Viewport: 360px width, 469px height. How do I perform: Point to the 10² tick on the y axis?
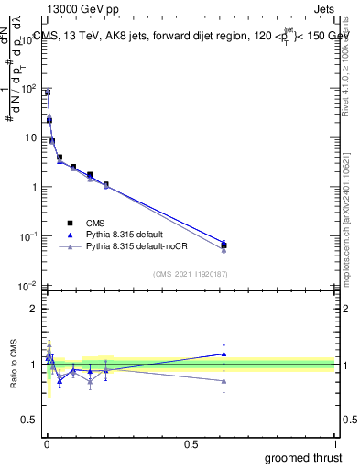click(29, 89)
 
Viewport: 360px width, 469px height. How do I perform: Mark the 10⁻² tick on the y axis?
click(29, 286)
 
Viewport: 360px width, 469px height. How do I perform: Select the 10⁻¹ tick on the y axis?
click(29, 236)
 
